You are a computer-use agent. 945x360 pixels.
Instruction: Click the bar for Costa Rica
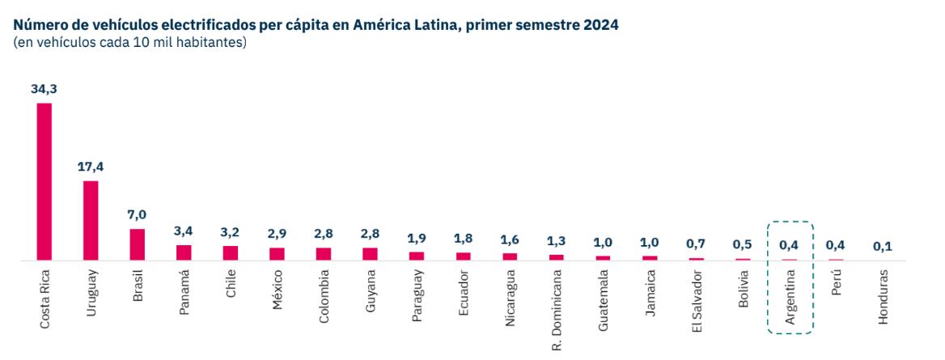point(44,182)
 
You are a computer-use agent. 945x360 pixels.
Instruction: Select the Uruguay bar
point(91,220)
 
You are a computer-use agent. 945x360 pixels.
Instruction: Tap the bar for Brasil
point(138,244)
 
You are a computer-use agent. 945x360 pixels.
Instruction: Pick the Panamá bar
point(184,252)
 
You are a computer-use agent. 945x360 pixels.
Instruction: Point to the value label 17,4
point(91,167)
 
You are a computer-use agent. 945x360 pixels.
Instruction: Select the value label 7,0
point(138,215)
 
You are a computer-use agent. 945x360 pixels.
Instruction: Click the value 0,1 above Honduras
point(883,246)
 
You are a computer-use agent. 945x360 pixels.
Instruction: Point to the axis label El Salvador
point(697,303)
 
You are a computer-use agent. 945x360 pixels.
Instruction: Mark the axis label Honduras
point(883,297)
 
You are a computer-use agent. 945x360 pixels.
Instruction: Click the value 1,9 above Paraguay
point(417,239)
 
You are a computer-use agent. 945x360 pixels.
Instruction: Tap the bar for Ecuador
point(464,256)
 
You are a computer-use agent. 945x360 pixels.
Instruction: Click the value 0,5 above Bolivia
point(743,244)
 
